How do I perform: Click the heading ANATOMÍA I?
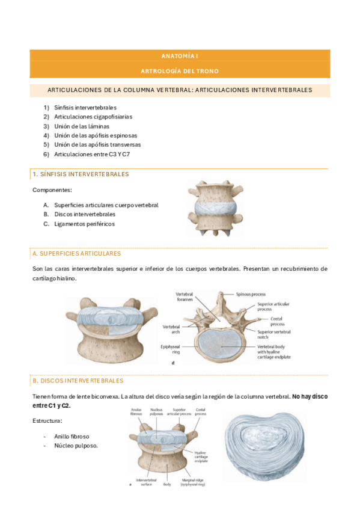click(180, 55)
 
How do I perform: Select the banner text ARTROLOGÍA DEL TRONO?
click(180, 71)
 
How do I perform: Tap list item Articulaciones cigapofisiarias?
click(93, 117)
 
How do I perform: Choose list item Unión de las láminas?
click(84, 126)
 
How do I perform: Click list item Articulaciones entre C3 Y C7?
click(92, 154)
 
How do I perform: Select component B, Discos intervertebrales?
click(85, 214)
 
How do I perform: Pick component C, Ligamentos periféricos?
click(84, 224)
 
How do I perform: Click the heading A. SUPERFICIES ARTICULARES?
click(77, 254)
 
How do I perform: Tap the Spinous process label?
click(252, 295)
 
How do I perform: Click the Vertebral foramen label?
click(185, 296)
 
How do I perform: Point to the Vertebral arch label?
click(172, 330)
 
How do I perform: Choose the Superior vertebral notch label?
click(273, 334)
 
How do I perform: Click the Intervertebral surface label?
click(146, 482)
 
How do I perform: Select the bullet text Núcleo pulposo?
click(76, 446)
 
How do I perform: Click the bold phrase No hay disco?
click(310, 397)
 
